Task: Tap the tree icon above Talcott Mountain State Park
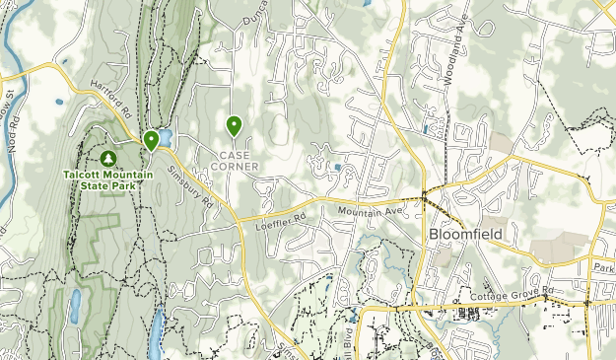[107, 158]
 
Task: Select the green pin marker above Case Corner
[235, 125]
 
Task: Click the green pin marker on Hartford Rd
[151, 141]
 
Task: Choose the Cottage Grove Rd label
[526, 290]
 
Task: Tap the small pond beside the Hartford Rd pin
[165, 137]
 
